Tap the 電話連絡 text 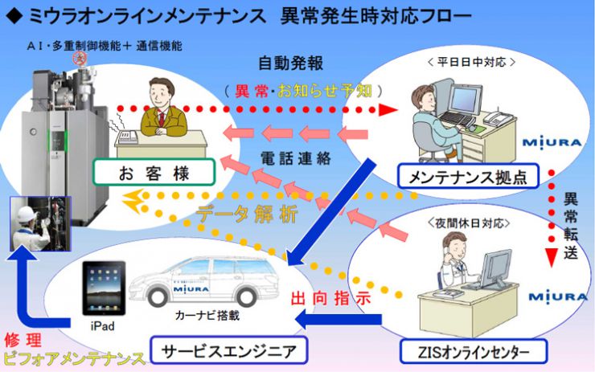(x=297, y=158)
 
